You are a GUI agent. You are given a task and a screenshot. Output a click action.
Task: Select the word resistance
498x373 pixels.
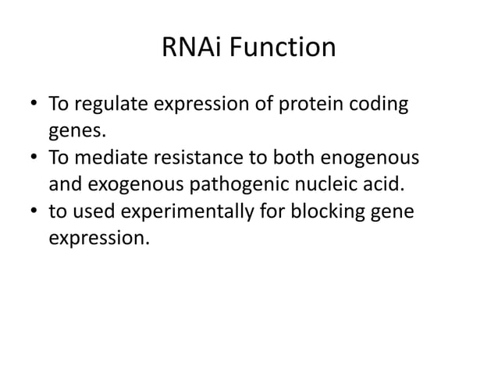(204, 158)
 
